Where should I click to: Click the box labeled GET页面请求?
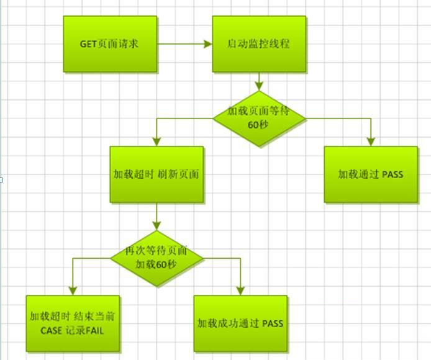click(x=110, y=44)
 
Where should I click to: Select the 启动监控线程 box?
click(x=259, y=44)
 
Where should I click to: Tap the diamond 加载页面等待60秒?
click(x=259, y=118)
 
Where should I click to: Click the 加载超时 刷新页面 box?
click(x=157, y=174)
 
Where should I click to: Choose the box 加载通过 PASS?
click(x=371, y=174)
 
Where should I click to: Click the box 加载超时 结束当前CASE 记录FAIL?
click(x=73, y=323)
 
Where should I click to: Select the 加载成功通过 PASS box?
click(x=240, y=323)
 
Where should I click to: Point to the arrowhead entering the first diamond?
click(x=259, y=86)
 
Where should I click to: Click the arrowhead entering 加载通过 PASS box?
click(x=371, y=142)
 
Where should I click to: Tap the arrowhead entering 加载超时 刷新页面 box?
click(x=157, y=142)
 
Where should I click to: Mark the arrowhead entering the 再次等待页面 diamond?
click(x=157, y=226)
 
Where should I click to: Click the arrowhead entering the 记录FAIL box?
click(x=73, y=291)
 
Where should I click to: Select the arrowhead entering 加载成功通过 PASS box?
click(x=240, y=291)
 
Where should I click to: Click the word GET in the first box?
click(x=88, y=44)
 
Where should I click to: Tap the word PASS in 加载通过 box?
click(x=392, y=174)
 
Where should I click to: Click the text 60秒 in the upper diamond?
click(x=259, y=125)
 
